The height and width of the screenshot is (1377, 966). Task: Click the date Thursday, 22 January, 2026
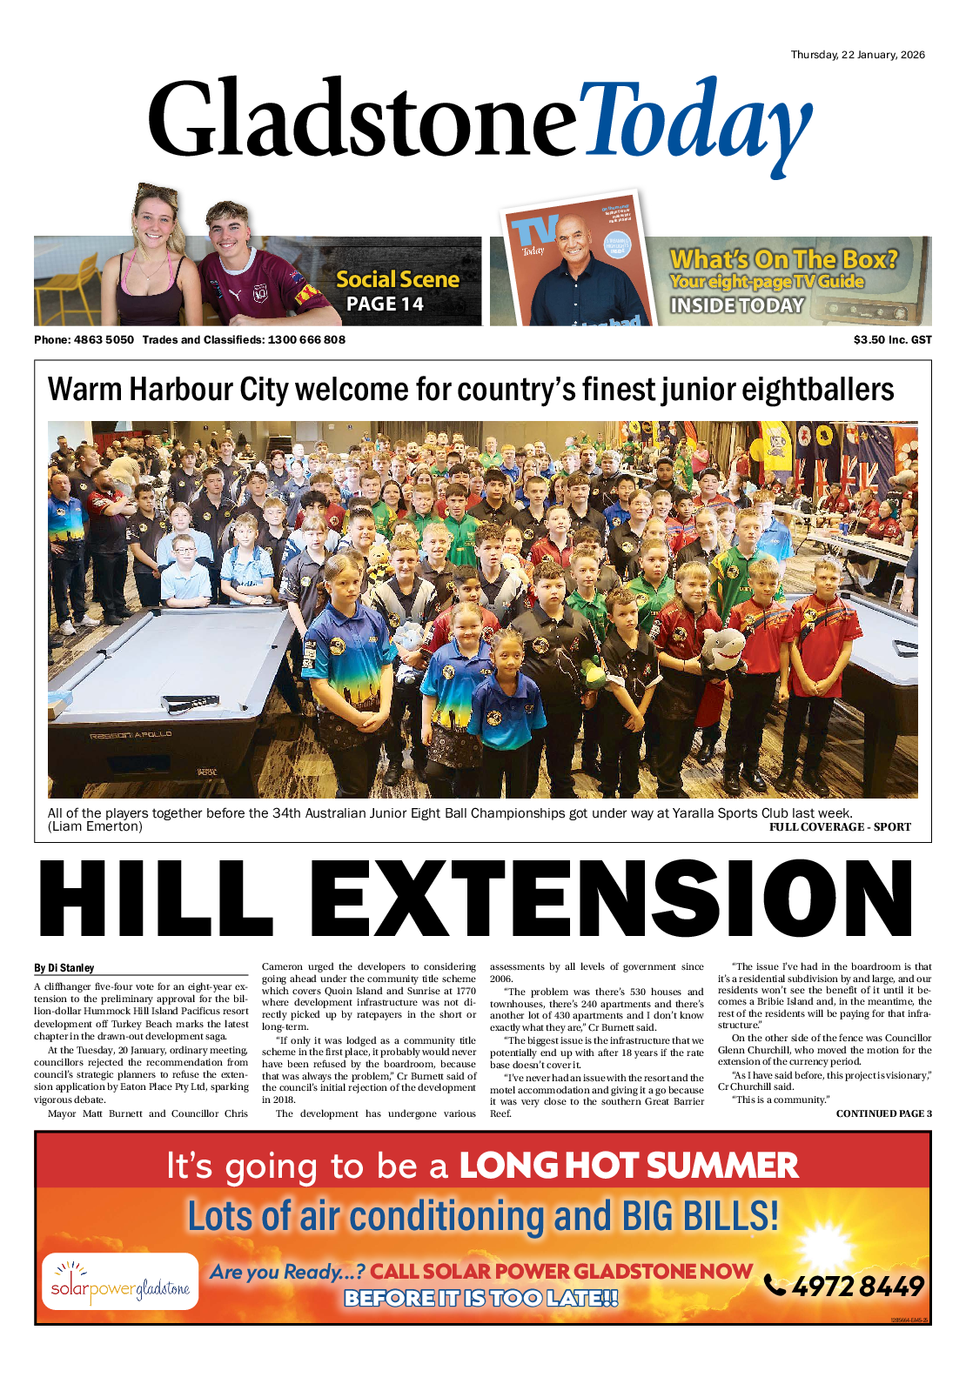click(x=857, y=55)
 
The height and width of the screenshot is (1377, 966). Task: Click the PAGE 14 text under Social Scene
click(x=385, y=304)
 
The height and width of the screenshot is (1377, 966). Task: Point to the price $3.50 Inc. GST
click(x=892, y=339)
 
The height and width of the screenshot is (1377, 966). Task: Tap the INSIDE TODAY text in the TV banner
click(x=737, y=305)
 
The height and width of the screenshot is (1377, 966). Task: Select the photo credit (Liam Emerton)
click(x=95, y=826)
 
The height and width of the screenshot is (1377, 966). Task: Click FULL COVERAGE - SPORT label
click(x=840, y=827)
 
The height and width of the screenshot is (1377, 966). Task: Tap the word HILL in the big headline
click(x=157, y=899)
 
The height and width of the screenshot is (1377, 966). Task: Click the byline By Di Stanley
click(x=64, y=967)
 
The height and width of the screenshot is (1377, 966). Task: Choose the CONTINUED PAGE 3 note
click(x=883, y=1113)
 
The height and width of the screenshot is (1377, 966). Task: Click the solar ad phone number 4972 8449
click(x=857, y=1286)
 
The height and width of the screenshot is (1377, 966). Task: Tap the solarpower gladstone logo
click(x=120, y=1281)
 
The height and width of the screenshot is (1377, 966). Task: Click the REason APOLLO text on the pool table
click(x=131, y=735)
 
